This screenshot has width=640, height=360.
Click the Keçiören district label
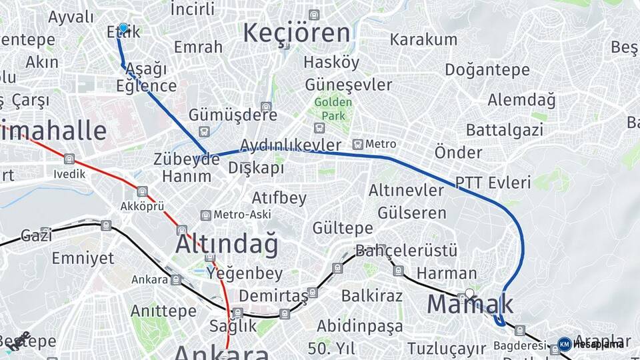(x=296, y=33)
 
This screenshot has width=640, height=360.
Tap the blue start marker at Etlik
(x=123, y=28)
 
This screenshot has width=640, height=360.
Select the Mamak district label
(x=470, y=305)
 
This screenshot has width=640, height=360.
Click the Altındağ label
(x=227, y=245)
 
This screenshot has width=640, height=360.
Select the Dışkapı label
(x=256, y=168)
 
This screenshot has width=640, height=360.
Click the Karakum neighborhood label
(x=423, y=39)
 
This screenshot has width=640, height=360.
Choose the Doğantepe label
(x=487, y=69)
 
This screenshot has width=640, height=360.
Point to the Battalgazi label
(x=504, y=129)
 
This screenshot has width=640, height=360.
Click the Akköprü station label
(x=143, y=206)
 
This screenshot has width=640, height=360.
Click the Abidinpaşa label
(x=359, y=326)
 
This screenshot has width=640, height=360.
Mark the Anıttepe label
(x=163, y=311)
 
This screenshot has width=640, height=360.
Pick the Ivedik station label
(x=70, y=174)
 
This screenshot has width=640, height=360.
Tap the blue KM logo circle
(x=564, y=344)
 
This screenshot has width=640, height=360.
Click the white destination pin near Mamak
(x=469, y=293)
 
